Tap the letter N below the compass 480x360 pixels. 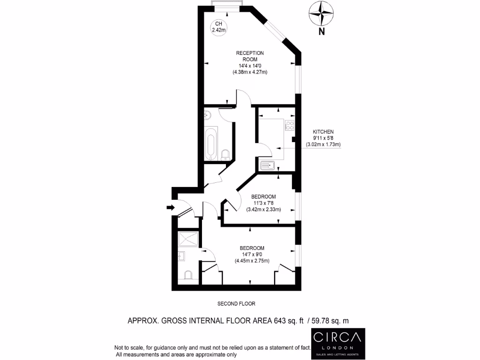(322, 32)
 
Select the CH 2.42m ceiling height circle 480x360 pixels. (218, 27)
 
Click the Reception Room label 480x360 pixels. (250, 56)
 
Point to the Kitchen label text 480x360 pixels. (323, 132)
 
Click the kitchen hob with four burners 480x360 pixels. (289, 126)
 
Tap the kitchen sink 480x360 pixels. (268, 165)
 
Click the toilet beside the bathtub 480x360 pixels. (225, 154)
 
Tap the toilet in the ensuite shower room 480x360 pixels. (188, 275)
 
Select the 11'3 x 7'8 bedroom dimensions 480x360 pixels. (263, 203)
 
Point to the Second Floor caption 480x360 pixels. (236, 304)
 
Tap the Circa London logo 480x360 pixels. (338, 342)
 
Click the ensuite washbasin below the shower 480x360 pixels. (182, 256)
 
